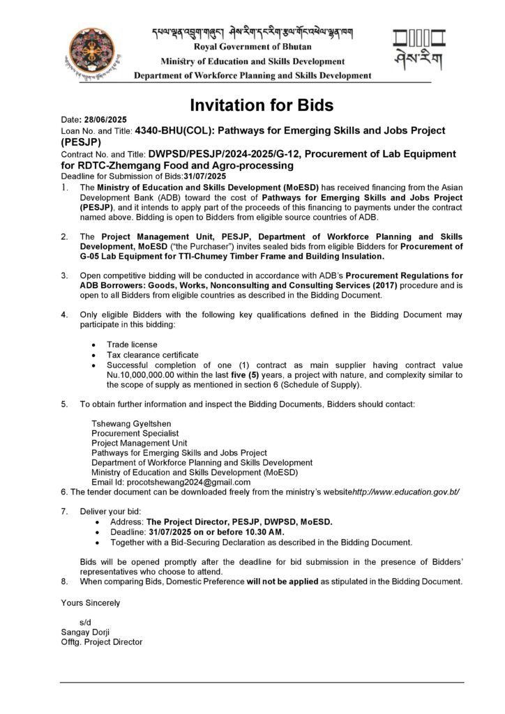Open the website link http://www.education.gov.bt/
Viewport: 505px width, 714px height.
point(406,492)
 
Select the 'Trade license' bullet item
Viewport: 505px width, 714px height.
point(132,345)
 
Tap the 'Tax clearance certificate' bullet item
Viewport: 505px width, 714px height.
point(153,355)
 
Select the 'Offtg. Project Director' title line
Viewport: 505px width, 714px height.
point(101,641)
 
